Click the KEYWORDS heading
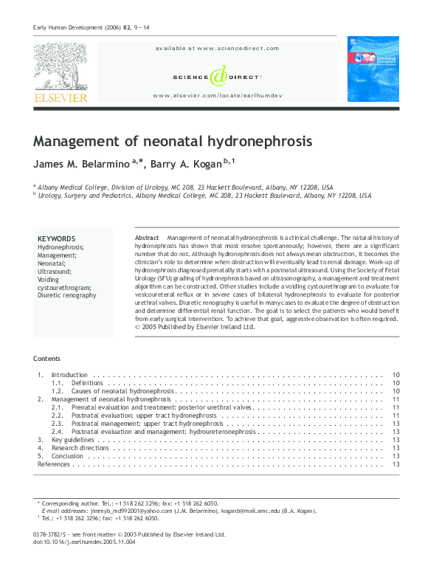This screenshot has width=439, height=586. pos(56,239)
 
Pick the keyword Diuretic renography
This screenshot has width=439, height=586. pos(66,295)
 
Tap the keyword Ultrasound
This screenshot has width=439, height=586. pos(55,272)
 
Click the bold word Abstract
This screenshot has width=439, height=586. pos(147,238)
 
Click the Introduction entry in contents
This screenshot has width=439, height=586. pos(69,376)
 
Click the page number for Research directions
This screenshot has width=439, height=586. pos(396,448)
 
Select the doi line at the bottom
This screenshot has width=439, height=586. pos(84,542)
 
